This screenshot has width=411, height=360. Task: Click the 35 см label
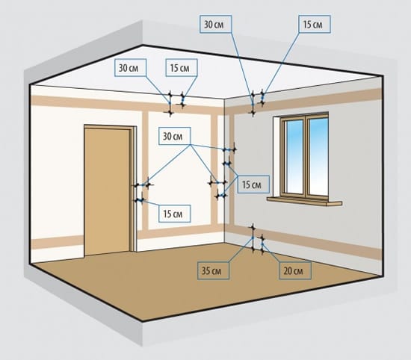point(214,270)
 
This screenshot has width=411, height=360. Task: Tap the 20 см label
point(295,270)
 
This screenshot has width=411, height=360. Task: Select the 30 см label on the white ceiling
point(130,68)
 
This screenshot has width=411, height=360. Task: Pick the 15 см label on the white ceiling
point(182,68)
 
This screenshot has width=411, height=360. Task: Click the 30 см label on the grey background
point(216,24)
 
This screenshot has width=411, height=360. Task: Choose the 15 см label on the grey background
point(315,24)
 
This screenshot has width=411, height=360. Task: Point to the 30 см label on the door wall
point(175,136)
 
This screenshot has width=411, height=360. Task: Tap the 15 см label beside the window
point(253,184)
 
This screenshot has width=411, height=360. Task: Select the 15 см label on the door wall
point(175,214)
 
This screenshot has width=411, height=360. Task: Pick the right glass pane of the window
point(318,156)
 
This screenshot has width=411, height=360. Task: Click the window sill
point(304,202)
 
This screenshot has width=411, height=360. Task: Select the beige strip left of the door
point(58,242)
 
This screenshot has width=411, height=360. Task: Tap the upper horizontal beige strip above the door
point(126,105)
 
